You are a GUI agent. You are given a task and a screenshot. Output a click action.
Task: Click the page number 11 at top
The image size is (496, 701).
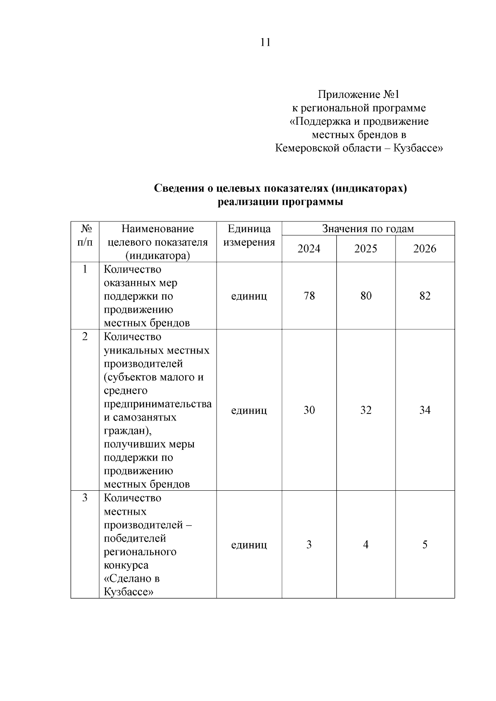265,43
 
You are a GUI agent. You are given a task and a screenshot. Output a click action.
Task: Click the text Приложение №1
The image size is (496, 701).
358,95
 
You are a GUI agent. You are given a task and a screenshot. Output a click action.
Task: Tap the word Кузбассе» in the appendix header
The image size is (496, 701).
418,148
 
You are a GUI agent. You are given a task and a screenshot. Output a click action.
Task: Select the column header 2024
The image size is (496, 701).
309,249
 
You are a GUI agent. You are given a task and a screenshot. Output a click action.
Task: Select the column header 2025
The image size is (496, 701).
366,249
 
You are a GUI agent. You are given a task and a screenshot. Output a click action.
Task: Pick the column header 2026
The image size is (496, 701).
424,249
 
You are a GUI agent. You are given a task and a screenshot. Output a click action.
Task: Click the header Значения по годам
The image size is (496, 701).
368,229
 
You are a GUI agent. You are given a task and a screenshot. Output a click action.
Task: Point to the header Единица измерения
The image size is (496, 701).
249,235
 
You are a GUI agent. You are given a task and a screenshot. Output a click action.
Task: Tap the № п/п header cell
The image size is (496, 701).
85,235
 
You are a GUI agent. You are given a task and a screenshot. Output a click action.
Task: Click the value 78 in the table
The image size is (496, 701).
309,296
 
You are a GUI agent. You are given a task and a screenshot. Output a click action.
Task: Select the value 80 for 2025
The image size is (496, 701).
366,296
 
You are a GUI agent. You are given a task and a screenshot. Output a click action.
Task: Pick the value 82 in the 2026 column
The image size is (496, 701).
424,296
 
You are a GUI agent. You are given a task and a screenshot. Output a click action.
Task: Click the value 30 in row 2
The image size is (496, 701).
309,410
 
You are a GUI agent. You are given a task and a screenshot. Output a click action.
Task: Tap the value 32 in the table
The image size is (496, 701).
366,410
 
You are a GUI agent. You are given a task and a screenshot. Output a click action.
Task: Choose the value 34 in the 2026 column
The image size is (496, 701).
424,410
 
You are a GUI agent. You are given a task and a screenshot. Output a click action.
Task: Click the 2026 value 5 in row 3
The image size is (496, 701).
424,545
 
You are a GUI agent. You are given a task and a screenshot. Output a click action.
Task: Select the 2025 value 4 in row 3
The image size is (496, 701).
366,545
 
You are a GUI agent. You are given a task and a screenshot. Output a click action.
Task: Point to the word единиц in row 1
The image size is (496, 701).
249,296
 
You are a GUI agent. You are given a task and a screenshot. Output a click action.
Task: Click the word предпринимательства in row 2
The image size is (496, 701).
157,404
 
